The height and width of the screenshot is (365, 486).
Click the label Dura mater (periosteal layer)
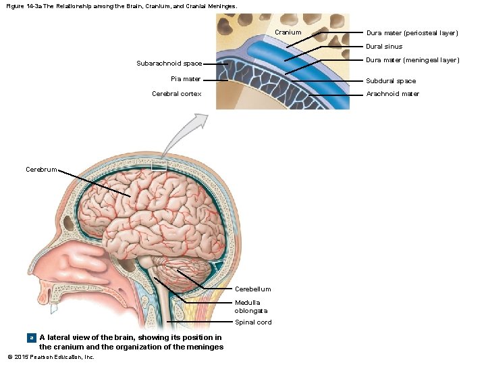(x=412, y=33)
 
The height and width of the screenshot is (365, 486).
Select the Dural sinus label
(x=384, y=47)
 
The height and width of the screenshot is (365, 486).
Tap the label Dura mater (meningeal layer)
(x=412, y=60)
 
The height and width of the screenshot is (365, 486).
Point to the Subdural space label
(x=391, y=81)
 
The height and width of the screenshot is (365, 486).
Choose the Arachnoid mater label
(x=392, y=94)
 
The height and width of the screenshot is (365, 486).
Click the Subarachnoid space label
(x=169, y=64)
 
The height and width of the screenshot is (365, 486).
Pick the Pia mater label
(x=186, y=79)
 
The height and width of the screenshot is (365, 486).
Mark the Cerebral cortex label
(x=177, y=94)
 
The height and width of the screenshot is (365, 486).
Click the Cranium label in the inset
(x=288, y=32)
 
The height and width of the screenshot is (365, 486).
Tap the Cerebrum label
(x=41, y=170)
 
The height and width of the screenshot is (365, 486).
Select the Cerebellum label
(x=252, y=289)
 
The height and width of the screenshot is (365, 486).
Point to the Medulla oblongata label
(x=247, y=306)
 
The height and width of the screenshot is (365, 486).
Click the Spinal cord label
(x=253, y=322)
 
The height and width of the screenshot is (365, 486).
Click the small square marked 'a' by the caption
(x=30, y=337)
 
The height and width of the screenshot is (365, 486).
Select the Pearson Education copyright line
(x=51, y=357)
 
